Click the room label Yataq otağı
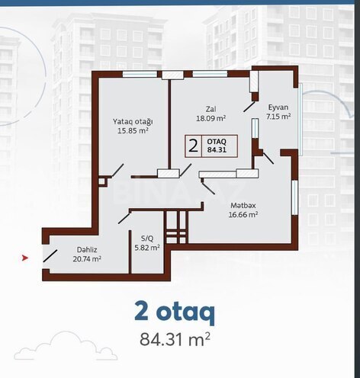point(133,121)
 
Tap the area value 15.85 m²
point(133,131)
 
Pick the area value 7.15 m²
point(278,117)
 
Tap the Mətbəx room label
point(243,205)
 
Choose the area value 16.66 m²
point(243,215)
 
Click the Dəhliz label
point(86,249)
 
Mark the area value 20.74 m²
point(86,259)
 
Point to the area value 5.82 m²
point(146,248)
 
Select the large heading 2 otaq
point(175,312)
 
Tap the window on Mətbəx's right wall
point(294,203)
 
